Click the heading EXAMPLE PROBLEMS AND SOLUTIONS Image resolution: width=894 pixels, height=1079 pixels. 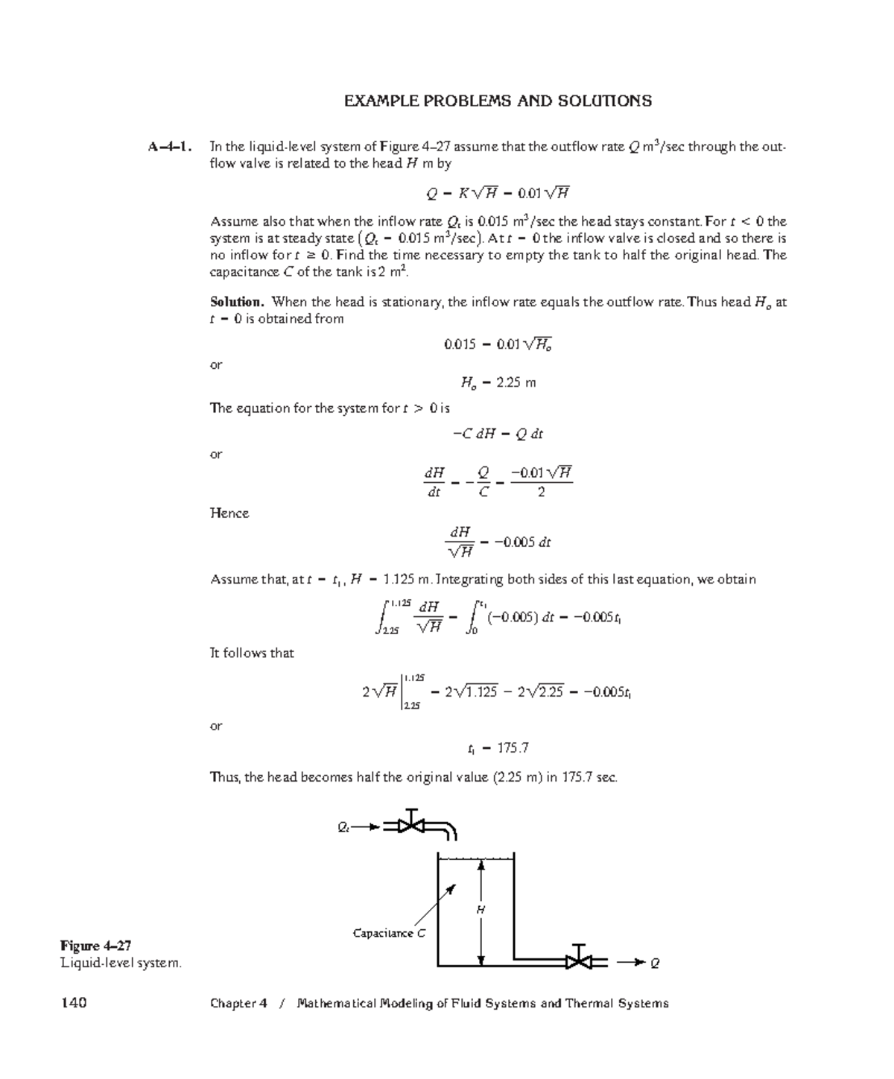pos(498,101)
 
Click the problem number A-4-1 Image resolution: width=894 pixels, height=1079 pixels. pos(171,147)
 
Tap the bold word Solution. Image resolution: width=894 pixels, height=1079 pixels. pos(237,302)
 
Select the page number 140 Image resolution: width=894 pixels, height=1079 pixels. pos(74,1003)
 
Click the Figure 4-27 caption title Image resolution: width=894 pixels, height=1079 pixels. pos(96,946)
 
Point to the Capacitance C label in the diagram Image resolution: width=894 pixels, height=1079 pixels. pos(389,933)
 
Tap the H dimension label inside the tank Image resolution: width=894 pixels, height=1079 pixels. pos(481,910)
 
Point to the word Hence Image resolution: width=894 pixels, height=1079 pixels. pos(229,513)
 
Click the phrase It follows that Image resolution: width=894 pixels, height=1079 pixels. pos(252,654)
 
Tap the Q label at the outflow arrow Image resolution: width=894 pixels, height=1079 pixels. pos(655,963)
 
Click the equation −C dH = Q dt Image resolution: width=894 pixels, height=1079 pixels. pos(498,434)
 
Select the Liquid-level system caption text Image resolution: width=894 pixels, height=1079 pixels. pos(121,963)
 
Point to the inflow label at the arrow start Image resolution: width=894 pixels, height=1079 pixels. pos(343,826)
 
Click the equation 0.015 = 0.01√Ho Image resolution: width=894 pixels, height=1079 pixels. pos(498,344)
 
